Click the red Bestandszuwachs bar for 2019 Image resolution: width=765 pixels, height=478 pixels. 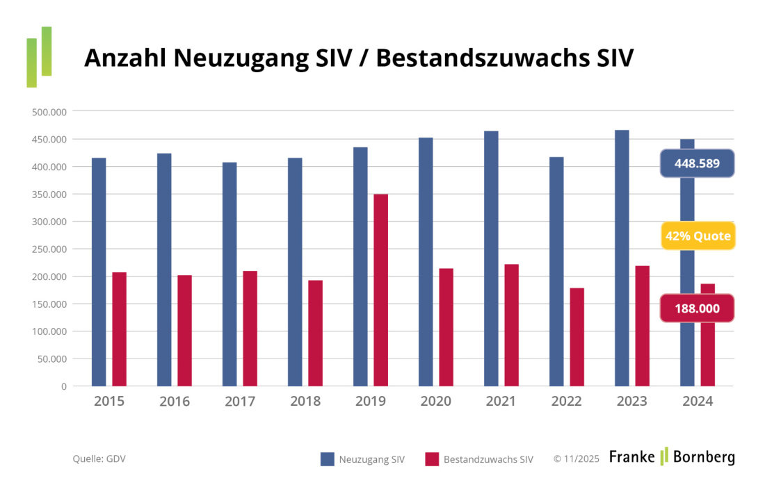380,290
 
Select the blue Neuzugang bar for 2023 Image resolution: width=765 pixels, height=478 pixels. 622,258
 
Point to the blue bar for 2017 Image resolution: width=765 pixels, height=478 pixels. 229,274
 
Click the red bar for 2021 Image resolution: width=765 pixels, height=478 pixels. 511,324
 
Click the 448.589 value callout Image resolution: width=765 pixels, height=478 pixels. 697,164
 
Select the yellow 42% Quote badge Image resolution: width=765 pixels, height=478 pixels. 698,236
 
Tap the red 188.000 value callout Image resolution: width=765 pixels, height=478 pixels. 697,308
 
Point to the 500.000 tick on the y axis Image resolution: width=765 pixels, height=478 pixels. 49,112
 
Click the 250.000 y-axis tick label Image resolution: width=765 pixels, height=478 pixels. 49,249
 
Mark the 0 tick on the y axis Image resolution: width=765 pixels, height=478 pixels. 63,386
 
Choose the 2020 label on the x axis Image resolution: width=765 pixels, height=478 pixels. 435,402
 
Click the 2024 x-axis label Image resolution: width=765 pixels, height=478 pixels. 697,402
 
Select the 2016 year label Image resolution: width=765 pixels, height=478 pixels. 174,402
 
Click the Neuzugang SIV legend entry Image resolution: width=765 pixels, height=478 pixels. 362,459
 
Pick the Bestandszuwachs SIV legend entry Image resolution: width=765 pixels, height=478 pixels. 479,459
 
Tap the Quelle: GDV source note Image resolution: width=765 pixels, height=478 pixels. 99,459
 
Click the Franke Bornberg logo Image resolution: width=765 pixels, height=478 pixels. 672,456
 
